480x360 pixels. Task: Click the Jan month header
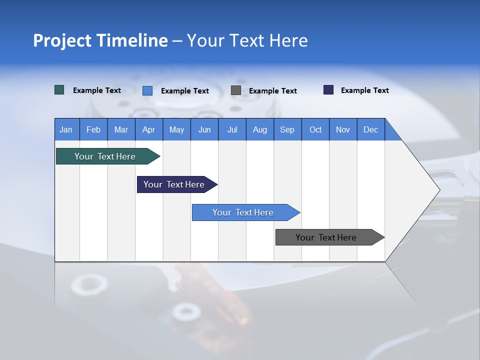coord(66,129)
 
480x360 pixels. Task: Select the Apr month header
coord(148,129)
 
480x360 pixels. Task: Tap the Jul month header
coord(232,129)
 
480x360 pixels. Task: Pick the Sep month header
coord(287,129)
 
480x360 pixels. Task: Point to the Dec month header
coord(370,129)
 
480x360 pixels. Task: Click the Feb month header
coord(93,129)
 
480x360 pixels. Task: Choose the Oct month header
coord(315,129)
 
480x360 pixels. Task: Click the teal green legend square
coord(59,90)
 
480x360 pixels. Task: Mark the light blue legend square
coord(147,90)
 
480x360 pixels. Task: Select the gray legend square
coord(236,90)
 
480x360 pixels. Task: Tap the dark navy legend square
coord(328,90)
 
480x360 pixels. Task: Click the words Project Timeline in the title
coord(100,40)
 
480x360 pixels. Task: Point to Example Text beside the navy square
coord(364,90)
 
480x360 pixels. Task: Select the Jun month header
coord(204,129)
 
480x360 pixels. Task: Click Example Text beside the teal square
coord(97,90)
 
